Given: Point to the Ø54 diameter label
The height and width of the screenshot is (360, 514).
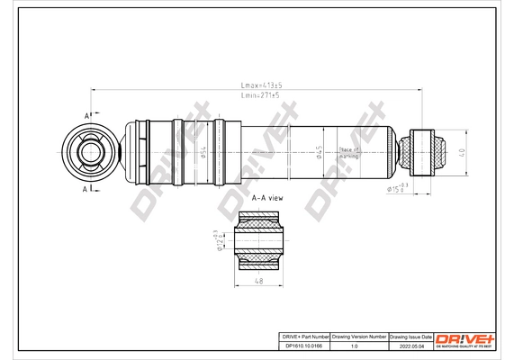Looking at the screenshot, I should point(203,152).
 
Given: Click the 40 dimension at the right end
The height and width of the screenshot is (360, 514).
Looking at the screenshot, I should point(462,153).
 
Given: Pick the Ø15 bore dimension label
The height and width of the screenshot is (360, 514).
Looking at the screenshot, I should point(398,188).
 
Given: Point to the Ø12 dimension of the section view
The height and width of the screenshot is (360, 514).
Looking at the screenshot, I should point(219,241).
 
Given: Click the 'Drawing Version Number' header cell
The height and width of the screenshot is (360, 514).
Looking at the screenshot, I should point(359,336).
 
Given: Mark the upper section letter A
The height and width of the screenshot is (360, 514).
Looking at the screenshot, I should point(87,116).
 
